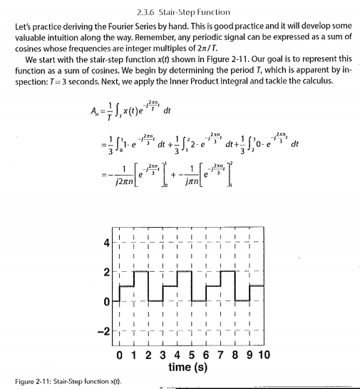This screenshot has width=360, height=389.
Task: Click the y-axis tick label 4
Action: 107,243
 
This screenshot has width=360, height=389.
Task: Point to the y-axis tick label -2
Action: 104,329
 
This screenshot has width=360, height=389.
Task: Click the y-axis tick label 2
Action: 107,272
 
